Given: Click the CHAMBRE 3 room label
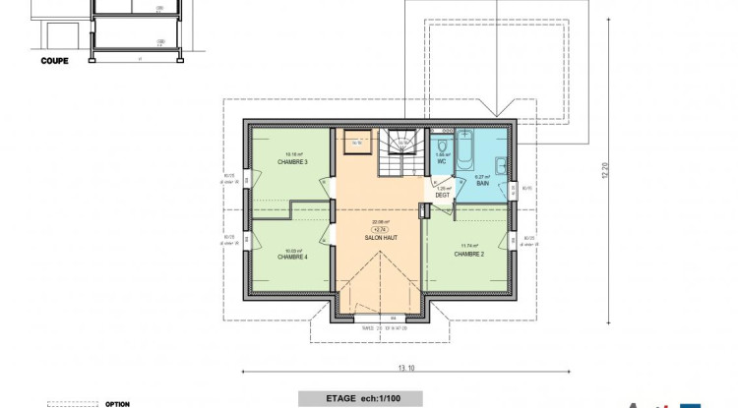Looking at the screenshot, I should coord(292,162).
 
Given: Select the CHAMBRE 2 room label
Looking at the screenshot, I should coord(467,254).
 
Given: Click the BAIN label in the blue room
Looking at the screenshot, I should coord(483,183).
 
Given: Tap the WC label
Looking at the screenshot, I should coord(443,161).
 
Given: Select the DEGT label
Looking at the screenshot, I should coord(443,195).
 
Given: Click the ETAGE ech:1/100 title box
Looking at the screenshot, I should coord(361,399).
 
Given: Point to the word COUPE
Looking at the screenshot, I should coord(54,60).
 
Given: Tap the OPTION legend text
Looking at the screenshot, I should coord(118,403).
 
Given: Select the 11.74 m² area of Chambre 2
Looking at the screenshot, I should coord(467,246).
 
